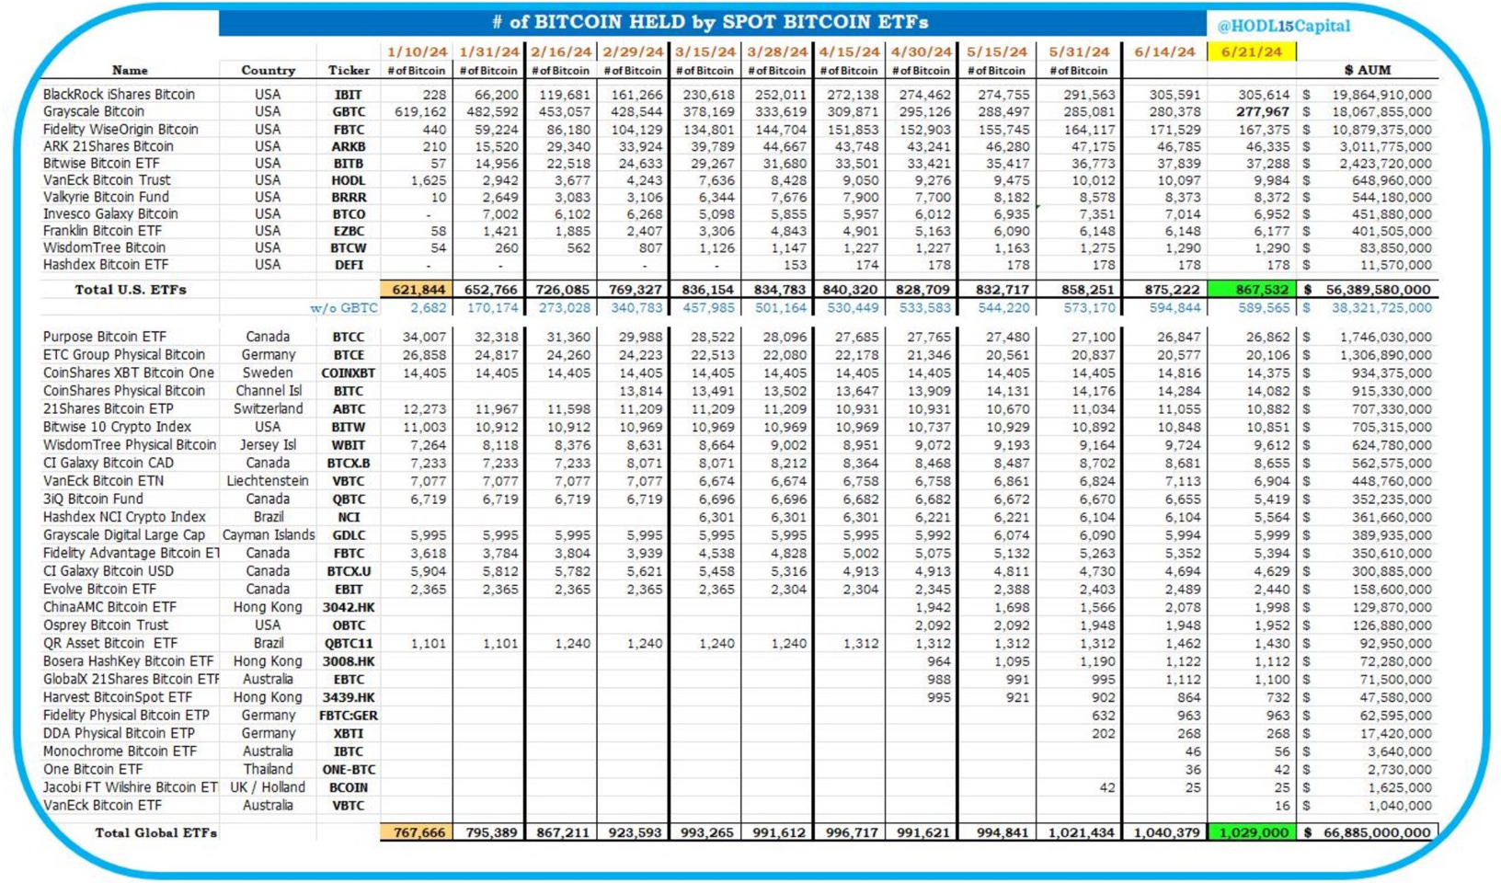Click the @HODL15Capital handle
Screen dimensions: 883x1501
point(1283,26)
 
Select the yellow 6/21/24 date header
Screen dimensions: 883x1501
point(1251,52)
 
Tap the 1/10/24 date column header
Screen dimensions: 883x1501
point(417,52)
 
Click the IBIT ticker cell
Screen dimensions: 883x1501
point(349,94)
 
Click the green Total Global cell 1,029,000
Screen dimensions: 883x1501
point(1253,832)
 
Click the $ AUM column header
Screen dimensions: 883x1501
point(1368,70)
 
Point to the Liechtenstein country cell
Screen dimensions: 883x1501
point(268,480)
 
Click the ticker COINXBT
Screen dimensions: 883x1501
point(349,373)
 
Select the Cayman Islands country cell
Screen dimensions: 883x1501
point(268,534)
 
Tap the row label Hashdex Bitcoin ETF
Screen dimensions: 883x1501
point(105,264)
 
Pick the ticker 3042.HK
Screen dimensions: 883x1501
point(349,607)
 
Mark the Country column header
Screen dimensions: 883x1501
point(268,70)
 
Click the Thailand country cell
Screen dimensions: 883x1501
point(268,769)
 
